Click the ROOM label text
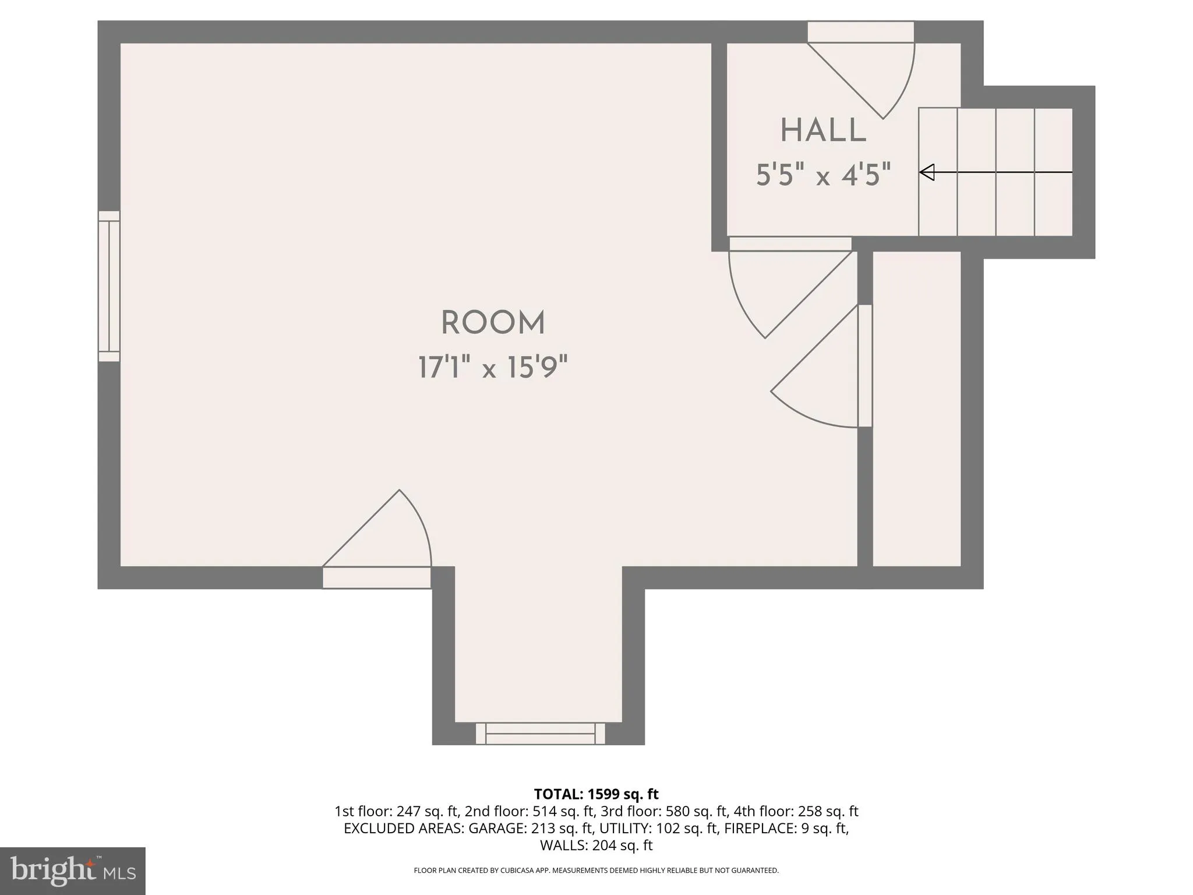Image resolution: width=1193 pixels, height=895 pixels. [x=493, y=323]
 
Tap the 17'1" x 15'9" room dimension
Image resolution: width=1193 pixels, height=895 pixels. [x=493, y=368]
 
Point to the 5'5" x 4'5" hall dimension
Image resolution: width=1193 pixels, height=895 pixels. [x=824, y=175]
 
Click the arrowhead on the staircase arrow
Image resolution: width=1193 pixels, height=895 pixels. [x=927, y=172]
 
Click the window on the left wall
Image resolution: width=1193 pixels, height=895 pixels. [x=109, y=286]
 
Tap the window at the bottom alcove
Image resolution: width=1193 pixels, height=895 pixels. [x=541, y=733]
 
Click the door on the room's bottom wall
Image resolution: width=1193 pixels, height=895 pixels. [x=377, y=539]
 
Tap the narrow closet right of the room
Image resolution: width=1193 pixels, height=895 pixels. [x=917, y=408]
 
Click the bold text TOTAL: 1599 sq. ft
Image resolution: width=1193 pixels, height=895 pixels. [x=596, y=794]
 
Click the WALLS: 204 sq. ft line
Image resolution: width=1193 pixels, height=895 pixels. [x=596, y=845]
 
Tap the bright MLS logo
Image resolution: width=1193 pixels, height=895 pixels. [x=73, y=871]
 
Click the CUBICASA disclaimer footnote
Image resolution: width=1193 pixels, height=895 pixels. [x=596, y=871]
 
